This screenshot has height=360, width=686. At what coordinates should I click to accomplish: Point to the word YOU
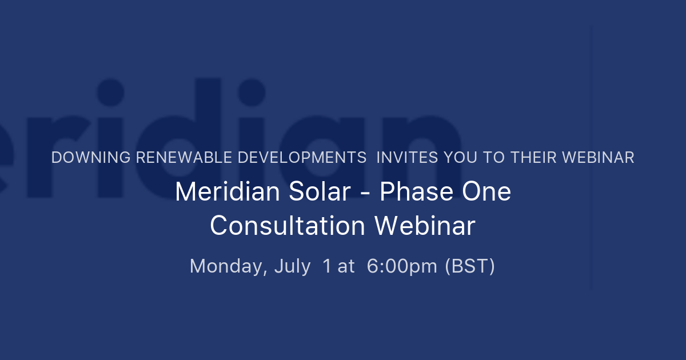pyautogui.click(x=452, y=158)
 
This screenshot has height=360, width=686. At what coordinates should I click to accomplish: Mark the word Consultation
pyautogui.click(x=287, y=226)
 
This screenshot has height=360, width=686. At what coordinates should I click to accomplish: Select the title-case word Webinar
pyautogui.click(x=425, y=226)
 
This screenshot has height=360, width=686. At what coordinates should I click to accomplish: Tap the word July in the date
pyautogui.click(x=292, y=267)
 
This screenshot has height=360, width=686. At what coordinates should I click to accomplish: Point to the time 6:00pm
pyautogui.click(x=402, y=267)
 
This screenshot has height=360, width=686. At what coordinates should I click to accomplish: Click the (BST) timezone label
pyautogui.click(x=470, y=267)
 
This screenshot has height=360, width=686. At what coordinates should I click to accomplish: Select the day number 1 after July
pyautogui.click(x=327, y=267)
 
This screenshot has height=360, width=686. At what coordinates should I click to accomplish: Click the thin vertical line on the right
pyautogui.click(x=591, y=157)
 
